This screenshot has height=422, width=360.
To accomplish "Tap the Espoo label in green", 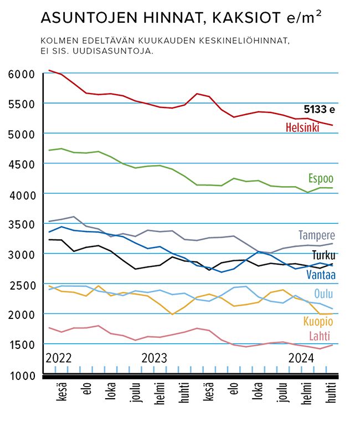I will pyautogui.click(x=321, y=178).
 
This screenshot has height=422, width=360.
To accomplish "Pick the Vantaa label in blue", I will pyautogui.click(x=320, y=274).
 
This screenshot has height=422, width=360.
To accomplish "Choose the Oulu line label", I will pyautogui.click(x=324, y=294).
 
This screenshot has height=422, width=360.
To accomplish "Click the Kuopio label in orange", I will pyautogui.click(x=318, y=321).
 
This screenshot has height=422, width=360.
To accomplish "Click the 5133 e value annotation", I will pyautogui.click(x=320, y=109).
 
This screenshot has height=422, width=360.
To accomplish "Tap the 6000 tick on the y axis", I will pyautogui.click(x=23, y=74).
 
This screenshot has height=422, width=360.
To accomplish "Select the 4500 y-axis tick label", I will pyautogui.click(x=23, y=164).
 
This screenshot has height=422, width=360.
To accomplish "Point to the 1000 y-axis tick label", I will pyautogui.click(x=23, y=376).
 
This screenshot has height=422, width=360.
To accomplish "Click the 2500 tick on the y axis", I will pyautogui.click(x=23, y=285).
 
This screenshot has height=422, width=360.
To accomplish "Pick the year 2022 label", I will pyautogui.click(x=59, y=358).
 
